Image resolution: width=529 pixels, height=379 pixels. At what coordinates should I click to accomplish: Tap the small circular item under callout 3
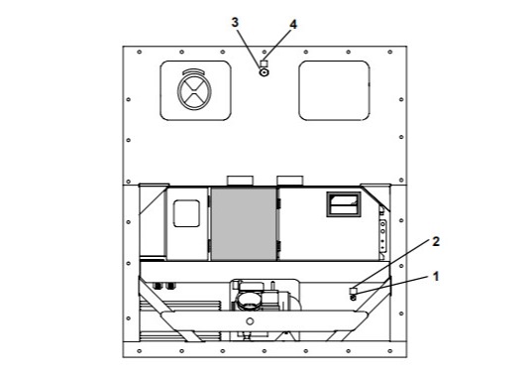[264, 72]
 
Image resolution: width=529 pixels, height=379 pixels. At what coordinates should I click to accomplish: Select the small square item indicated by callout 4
[264, 63]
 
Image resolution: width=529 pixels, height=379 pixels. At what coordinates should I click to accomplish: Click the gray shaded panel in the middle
[245, 222]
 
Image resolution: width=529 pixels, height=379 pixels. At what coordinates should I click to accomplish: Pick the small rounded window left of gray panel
[186, 213]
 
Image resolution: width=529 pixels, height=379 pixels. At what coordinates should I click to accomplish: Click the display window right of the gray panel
[343, 204]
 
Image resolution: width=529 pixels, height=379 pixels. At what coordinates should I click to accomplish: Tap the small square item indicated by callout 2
[354, 289]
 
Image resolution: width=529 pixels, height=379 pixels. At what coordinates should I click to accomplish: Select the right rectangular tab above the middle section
[290, 180]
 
